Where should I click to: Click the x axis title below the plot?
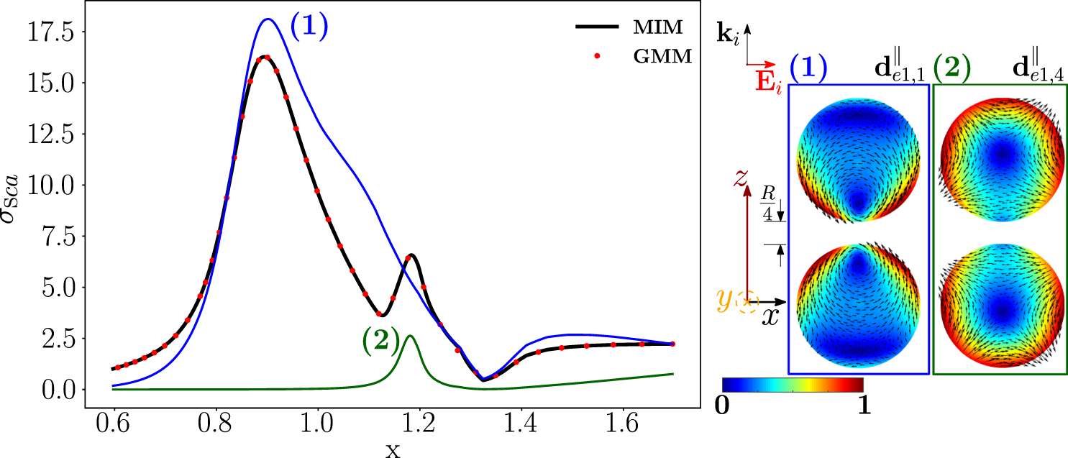392,450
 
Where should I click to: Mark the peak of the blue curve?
268,19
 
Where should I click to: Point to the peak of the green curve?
410,336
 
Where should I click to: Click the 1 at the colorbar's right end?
864,406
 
